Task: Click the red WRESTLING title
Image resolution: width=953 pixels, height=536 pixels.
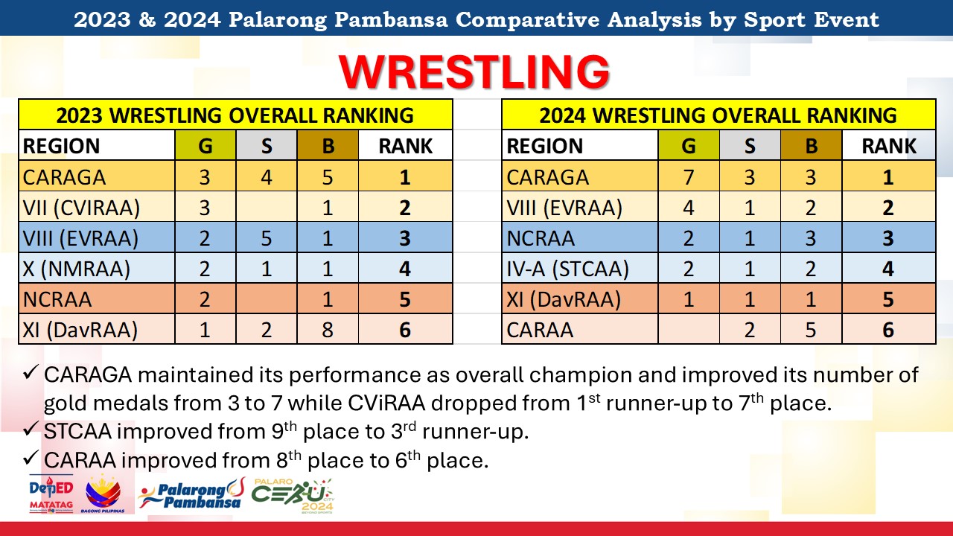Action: pyautogui.click(x=474, y=71)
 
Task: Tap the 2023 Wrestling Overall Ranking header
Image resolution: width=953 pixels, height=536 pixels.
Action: pyautogui.click(x=235, y=115)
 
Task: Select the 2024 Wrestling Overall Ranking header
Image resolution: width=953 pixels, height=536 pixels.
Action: pyautogui.click(x=718, y=115)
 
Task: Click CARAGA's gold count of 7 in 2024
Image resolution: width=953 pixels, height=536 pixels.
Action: pyautogui.click(x=689, y=177)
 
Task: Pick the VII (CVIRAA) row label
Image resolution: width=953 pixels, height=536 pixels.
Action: pyautogui.click(x=81, y=208)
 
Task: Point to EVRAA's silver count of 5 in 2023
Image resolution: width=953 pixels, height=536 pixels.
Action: pyautogui.click(x=267, y=238)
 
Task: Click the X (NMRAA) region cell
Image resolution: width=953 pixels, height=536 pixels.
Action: pyautogui.click(x=77, y=269)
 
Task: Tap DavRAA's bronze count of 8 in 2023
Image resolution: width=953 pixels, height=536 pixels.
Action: pyautogui.click(x=327, y=330)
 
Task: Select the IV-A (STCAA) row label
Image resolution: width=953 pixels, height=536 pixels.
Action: pyautogui.click(x=567, y=269)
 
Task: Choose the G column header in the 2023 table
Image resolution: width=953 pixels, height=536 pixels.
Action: pyautogui.click(x=205, y=146)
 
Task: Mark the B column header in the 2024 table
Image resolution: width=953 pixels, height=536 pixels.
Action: pyautogui.click(x=811, y=146)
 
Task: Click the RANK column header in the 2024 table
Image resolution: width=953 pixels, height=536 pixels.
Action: pyautogui.click(x=889, y=146)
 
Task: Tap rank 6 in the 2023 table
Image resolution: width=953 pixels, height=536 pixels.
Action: pyautogui.click(x=405, y=330)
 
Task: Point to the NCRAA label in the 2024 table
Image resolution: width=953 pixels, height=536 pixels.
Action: pyautogui.click(x=541, y=238)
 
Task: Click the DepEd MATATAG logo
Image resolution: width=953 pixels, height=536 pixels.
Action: pyautogui.click(x=51, y=494)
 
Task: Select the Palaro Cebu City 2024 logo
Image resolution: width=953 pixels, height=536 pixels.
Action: pyautogui.click(x=293, y=496)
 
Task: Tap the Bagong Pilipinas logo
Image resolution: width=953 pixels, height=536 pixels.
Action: pyautogui.click(x=103, y=494)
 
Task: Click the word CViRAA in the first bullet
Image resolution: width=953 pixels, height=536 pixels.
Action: pyautogui.click(x=386, y=403)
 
